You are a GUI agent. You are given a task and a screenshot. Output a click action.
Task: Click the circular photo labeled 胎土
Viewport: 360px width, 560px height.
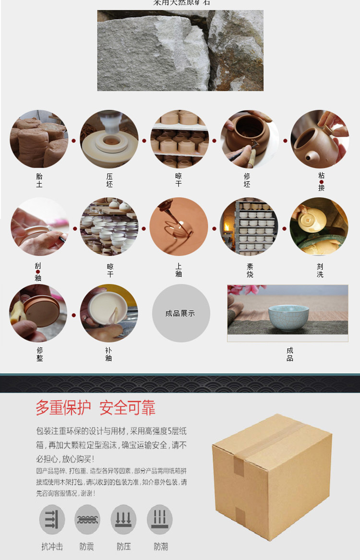tap(39, 139)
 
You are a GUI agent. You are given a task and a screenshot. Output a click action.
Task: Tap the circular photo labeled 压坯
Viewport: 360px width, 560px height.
tap(109, 139)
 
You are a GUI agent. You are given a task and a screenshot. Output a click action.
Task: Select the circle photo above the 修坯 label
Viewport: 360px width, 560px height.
tap(249, 139)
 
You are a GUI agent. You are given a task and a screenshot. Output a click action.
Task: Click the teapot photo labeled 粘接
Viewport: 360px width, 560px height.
tap(320, 139)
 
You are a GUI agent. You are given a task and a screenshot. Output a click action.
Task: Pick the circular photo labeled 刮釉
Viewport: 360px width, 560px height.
tap(39, 226)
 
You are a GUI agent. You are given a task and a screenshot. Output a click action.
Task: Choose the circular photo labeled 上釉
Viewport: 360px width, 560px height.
tap(179, 226)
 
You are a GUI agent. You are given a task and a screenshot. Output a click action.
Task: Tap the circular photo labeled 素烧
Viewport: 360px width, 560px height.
tap(249, 226)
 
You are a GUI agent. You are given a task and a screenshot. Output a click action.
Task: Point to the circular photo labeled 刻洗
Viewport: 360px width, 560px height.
tap(319, 226)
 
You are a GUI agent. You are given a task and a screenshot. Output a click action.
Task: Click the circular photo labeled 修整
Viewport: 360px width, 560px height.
tap(38, 313)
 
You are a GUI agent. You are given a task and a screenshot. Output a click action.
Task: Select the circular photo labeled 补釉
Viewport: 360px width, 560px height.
tap(108, 313)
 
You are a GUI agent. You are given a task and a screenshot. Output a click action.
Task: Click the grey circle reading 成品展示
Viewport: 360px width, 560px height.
tap(180, 313)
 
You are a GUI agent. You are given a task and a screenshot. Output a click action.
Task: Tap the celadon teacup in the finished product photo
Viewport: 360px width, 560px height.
tap(288, 317)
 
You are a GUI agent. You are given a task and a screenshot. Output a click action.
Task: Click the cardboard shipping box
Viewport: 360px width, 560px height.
tap(273, 475)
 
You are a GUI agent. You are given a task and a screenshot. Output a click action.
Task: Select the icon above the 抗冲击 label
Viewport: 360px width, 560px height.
tap(52, 519)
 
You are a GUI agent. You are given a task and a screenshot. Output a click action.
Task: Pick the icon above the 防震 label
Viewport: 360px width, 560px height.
tap(87, 519)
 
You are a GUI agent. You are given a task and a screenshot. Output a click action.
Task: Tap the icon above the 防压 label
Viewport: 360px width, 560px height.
tap(123, 519)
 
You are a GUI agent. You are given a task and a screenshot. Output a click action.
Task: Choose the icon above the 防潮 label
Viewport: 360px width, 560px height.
tap(160, 519)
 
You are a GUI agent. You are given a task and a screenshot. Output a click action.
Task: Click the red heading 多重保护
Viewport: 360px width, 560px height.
tap(63, 408)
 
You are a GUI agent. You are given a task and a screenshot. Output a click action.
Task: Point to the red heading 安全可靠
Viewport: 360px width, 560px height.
tap(127, 408)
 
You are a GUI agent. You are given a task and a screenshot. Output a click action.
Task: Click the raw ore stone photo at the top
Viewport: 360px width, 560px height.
tap(180, 50)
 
